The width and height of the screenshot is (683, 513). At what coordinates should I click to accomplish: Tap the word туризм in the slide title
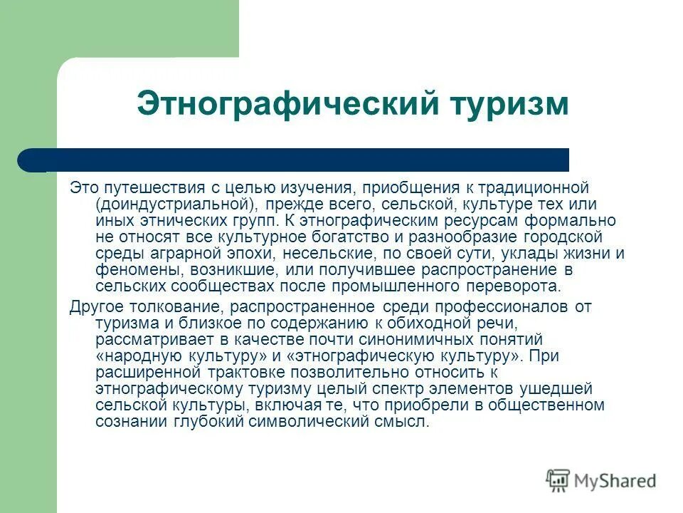point(510,104)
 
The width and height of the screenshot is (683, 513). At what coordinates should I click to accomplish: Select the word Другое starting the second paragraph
point(96,307)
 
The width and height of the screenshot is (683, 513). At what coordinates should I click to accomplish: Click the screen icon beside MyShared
point(558,481)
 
